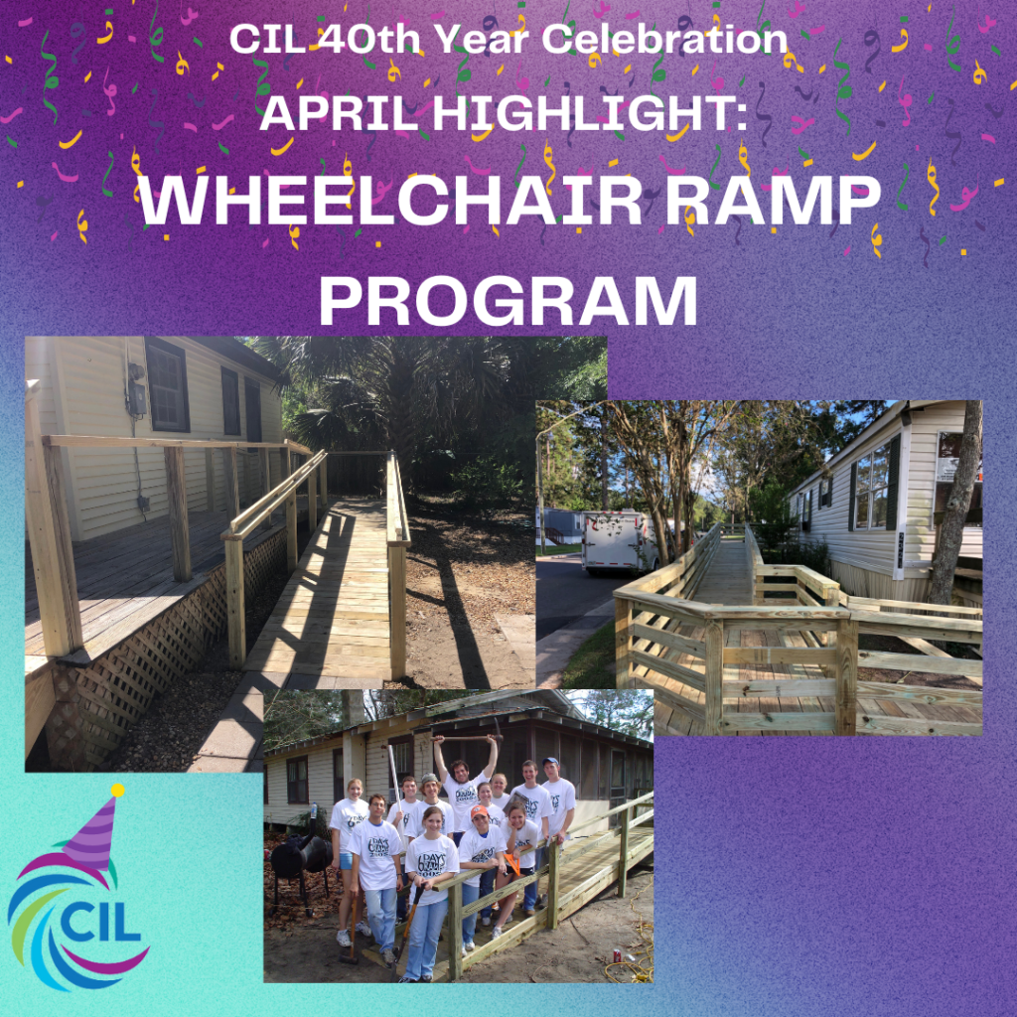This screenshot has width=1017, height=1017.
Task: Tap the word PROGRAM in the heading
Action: coord(508,300)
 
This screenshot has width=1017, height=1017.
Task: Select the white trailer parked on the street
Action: coord(619,541)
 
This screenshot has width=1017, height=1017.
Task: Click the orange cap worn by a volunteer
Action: coord(480,810)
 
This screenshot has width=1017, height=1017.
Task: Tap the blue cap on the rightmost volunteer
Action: coord(550,761)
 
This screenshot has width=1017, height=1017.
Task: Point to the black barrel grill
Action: coord(300,855)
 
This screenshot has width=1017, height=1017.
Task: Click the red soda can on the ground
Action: coord(617,954)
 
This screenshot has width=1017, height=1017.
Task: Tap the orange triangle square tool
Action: coord(511,863)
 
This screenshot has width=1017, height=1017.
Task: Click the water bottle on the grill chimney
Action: coord(314,811)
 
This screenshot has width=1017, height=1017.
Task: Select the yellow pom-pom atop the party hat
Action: coord(117,790)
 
